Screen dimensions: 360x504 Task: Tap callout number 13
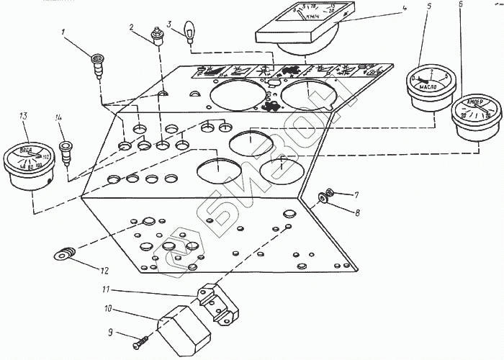point(24,116)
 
